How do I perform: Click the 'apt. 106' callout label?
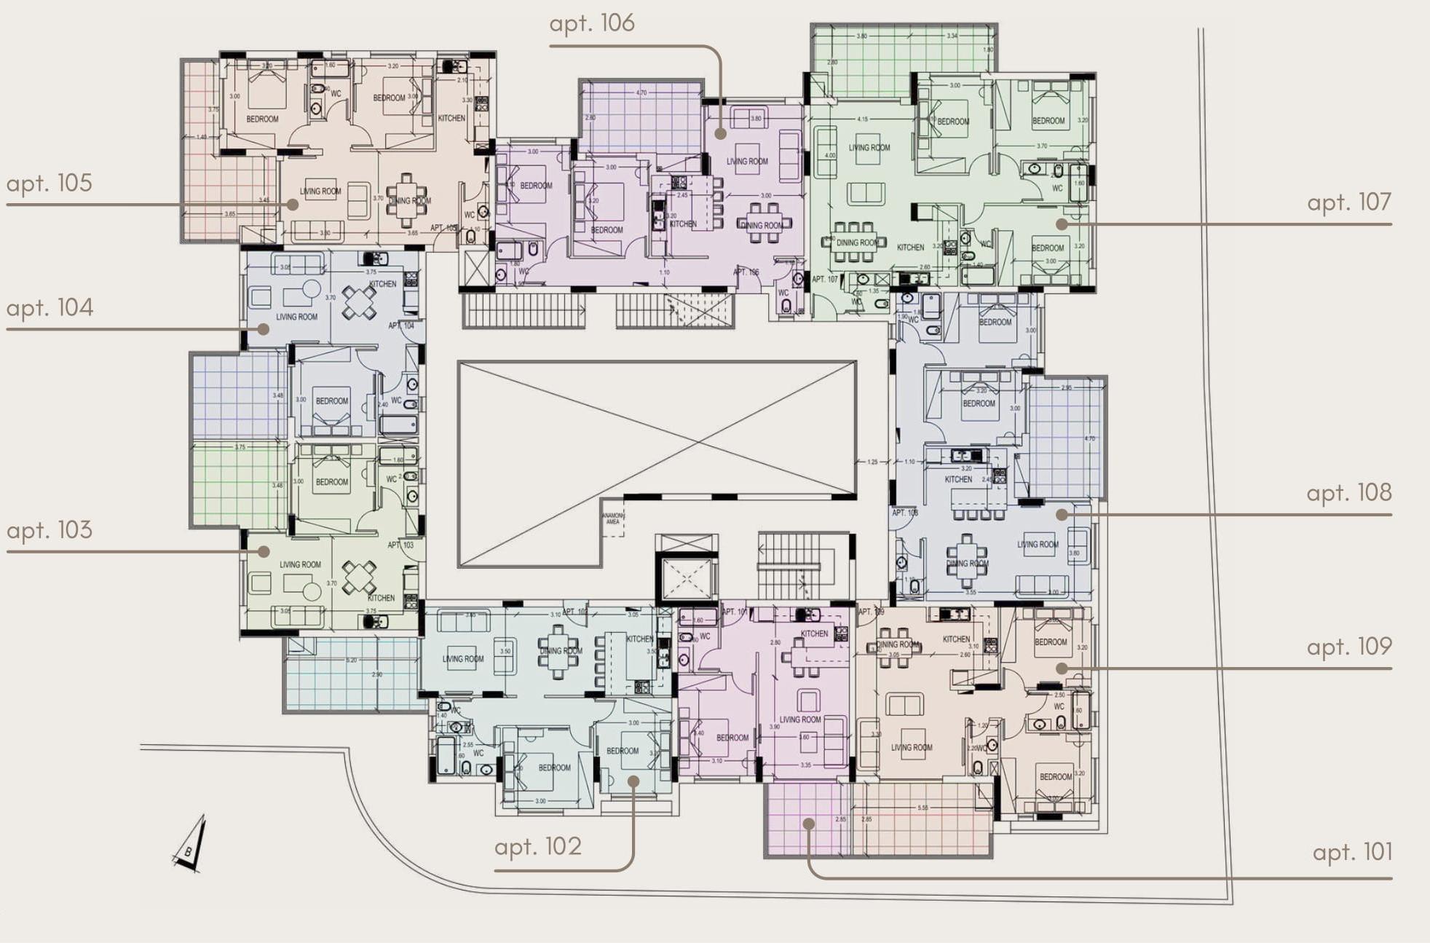[x=591, y=24]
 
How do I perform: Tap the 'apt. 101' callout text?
[x=1352, y=852]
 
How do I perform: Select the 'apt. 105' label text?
[x=50, y=184]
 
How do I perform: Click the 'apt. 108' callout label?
[x=1348, y=493]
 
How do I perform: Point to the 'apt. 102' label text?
[x=537, y=847]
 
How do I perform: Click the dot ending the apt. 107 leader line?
[x=1062, y=224]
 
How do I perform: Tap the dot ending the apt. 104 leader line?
[x=264, y=329]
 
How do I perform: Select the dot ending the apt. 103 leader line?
[x=264, y=552]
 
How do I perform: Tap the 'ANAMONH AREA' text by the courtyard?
[x=613, y=518]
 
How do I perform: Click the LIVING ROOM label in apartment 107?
[x=869, y=148]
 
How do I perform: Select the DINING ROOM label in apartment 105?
[x=409, y=201]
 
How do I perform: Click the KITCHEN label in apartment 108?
[x=958, y=480]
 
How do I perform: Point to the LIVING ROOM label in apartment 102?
[x=463, y=659]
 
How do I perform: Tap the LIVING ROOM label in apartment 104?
[x=296, y=317]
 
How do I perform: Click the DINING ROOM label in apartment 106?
[x=762, y=226]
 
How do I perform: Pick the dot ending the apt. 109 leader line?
[x=1062, y=668]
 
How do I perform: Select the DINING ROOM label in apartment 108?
[x=967, y=564]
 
